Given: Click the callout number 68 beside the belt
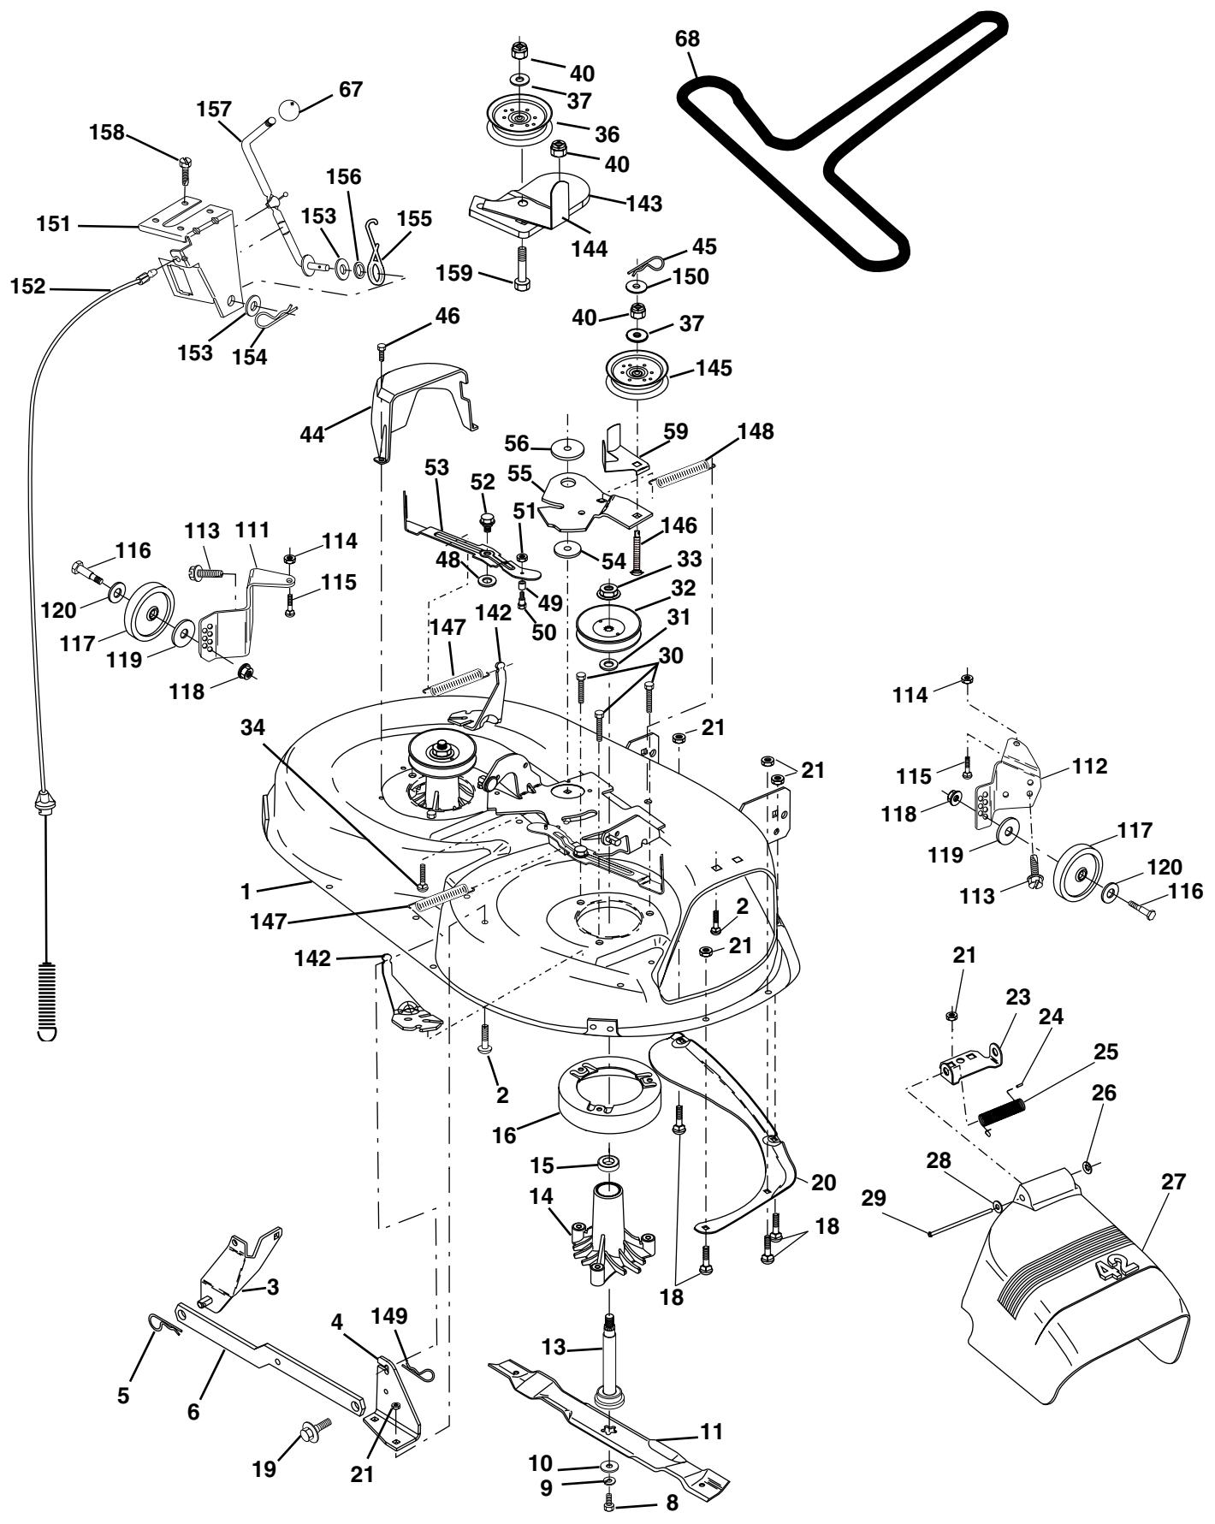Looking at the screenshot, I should click(x=687, y=39).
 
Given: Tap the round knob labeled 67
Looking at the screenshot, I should click(x=291, y=110).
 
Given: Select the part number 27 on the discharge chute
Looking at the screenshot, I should click(x=1174, y=1182).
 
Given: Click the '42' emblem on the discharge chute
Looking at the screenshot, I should click(x=1115, y=1273).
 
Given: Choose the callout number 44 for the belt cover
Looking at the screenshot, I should click(x=312, y=435).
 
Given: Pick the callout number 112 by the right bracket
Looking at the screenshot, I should click(x=1089, y=766).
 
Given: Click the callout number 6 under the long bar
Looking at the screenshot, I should click(x=193, y=1412).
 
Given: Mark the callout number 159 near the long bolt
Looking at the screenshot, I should click(x=453, y=274).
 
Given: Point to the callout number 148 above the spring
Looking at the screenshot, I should click(x=756, y=432).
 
